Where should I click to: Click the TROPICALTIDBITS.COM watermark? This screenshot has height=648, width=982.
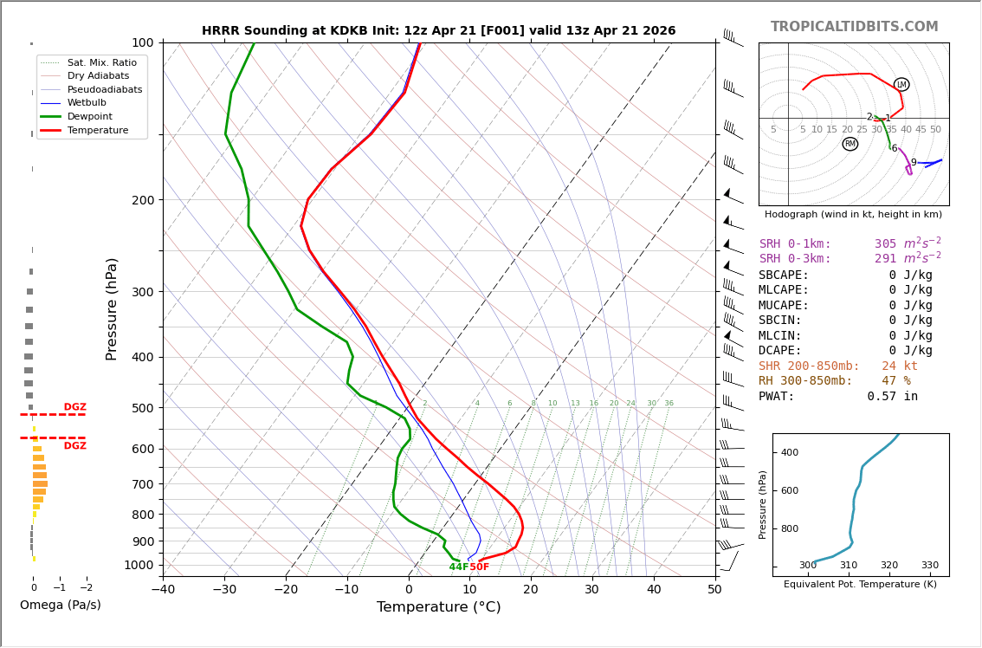[x=854, y=27]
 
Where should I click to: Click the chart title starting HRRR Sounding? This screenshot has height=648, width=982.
[x=438, y=30]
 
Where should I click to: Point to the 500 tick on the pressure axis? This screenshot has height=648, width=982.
[x=142, y=408]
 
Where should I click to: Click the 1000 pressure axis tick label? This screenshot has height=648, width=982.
[x=139, y=565]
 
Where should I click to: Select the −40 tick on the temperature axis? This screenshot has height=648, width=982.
[x=163, y=590]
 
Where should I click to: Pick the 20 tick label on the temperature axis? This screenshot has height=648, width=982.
[x=531, y=590]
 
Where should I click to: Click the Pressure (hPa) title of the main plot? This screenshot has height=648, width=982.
[x=112, y=308]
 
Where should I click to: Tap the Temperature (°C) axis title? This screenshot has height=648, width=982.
[x=438, y=607]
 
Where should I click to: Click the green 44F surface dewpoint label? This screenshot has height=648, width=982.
[x=458, y=567]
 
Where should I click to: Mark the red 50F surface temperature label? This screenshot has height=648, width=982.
[x=479, y=567]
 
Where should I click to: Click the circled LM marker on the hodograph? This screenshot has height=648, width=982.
[x=901, y=85]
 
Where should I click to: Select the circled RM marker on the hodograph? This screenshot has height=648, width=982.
[x=850, y=144]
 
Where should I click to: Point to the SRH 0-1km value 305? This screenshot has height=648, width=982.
[x=885, y=244]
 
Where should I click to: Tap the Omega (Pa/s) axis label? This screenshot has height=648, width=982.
[x=60, y=605]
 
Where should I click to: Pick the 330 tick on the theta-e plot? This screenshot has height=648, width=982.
[x=929, y=566]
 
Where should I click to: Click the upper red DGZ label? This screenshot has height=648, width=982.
[x=74, y=407]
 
